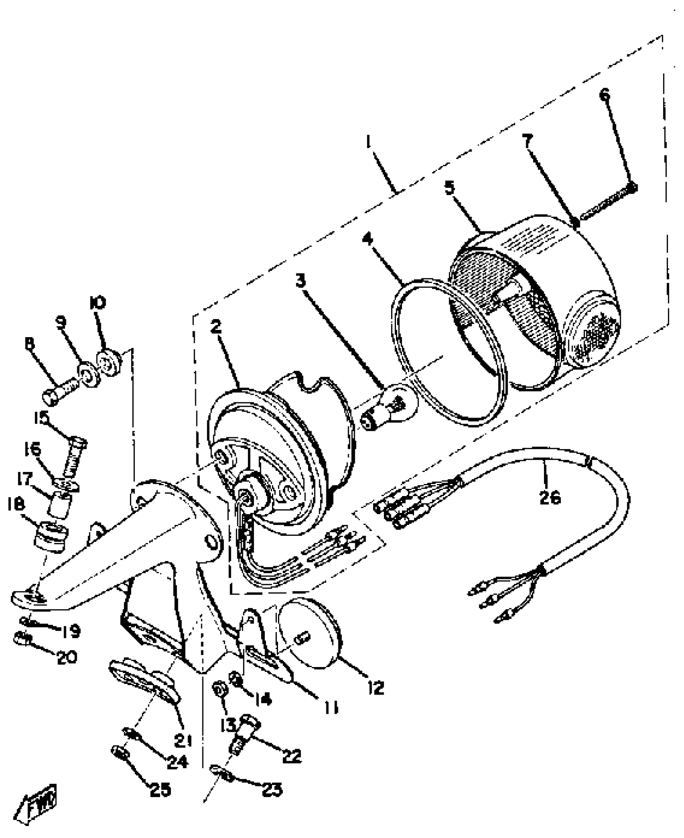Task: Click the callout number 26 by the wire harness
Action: (x=550, y=498)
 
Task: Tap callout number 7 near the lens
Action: (x=528, y=141)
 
